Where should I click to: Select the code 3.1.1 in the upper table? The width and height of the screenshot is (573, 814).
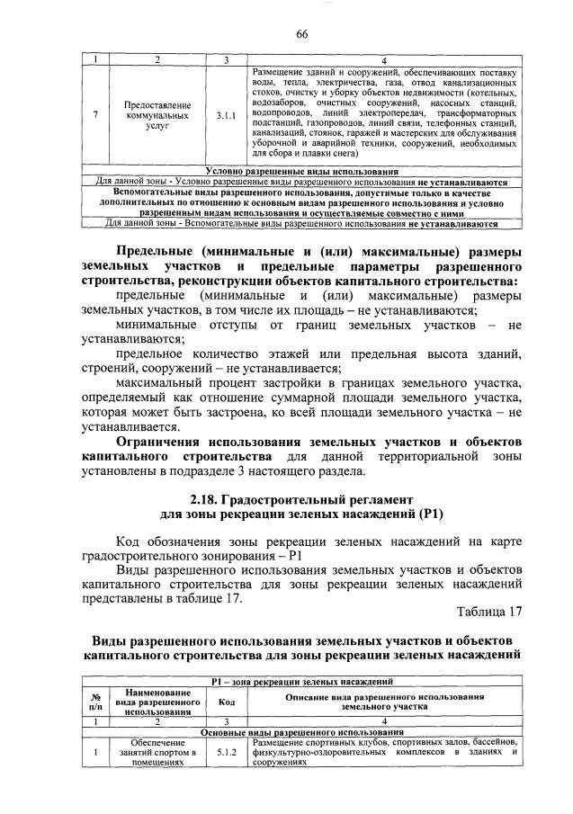point(228,116)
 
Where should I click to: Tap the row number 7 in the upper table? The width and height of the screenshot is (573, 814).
point(96,116)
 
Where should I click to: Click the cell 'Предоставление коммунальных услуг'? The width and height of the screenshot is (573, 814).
point(157,116)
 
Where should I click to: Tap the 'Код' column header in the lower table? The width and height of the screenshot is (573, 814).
point(228,702)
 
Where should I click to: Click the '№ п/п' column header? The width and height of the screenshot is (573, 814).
point(94,702)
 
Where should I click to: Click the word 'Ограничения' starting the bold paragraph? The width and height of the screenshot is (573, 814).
point(156,443)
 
